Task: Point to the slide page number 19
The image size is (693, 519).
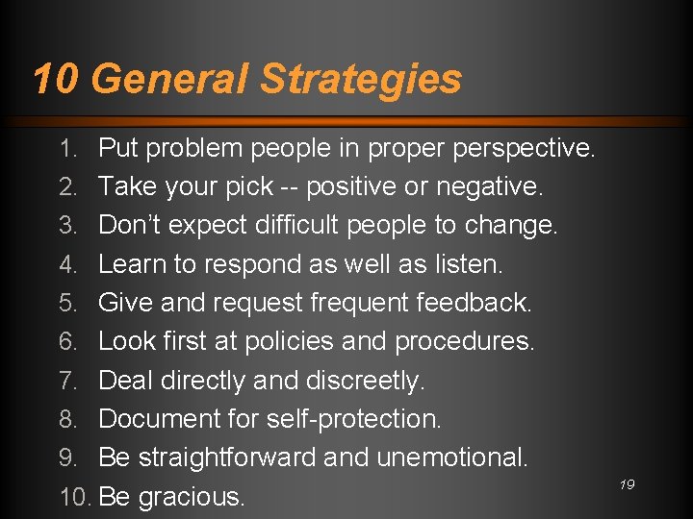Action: click(627, 485)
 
